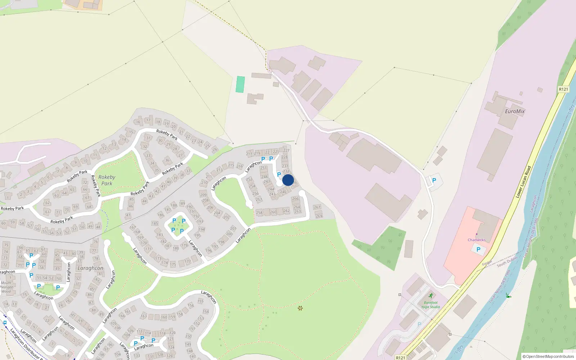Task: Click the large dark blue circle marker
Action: click(288, 180)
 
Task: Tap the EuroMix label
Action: click(515, 111)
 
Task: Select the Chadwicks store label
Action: click(477, 240)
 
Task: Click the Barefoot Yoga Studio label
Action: click(431, 305)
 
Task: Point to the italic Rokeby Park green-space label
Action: click(107, 180)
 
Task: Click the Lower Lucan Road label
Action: click(523, 181)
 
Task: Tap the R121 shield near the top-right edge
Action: click(563, 89)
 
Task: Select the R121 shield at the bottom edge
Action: click(400, 357)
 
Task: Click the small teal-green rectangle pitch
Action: click(240, 84)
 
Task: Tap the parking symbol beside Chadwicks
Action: click(478, 249)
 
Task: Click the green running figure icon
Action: click(431, 296)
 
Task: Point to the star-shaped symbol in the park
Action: click(300, 308)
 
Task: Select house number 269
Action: click(319, 216)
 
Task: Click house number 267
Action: click(317, 207)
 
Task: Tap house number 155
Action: click(201, 301)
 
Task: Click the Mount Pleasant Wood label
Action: click(6, 287)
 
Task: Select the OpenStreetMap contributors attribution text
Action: click(549, 356)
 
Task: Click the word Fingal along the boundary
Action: click(487, 264)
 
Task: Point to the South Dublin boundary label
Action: click(507, 262)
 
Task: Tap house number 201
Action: click(233, 228)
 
